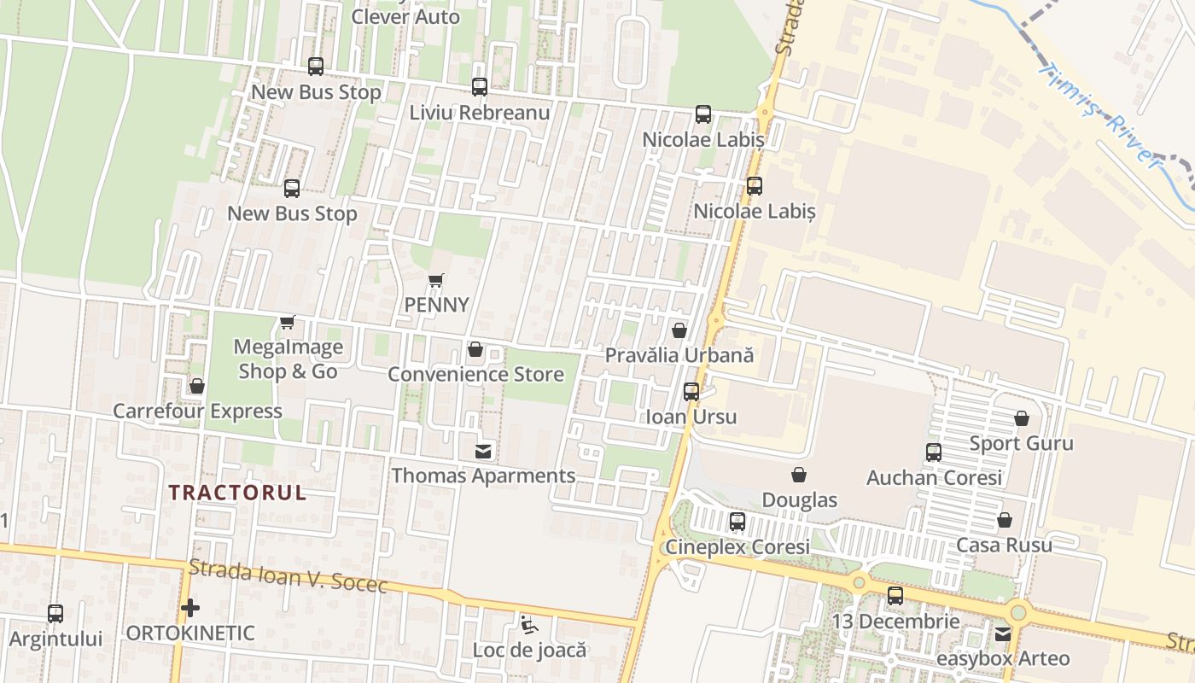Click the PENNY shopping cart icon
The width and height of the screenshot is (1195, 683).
[x=436, y=280]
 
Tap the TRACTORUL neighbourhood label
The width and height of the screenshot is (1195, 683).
[x=237, y=493]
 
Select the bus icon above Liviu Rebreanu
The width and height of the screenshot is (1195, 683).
[x=480, y=87]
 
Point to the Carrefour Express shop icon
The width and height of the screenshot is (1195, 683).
[x=197, y=386]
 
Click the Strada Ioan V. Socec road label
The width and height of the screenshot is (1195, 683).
[x=289, y=576]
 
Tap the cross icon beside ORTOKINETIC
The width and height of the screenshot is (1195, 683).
[x=190, y=608]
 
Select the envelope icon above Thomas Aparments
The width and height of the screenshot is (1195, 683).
[x=483, y=451]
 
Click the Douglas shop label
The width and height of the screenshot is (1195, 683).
[x=799, y=499]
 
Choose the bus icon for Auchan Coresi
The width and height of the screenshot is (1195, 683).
[x=934, y=452]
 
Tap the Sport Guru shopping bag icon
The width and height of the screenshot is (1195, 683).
[x=1022, y=418]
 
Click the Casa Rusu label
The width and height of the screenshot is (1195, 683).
[x=1004, y=545]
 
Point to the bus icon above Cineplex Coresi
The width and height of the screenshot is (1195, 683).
[x=737, y=521]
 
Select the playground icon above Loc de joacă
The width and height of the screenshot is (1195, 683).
[x=530, y=625]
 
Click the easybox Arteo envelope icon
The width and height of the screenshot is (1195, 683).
[x=1003, y=633]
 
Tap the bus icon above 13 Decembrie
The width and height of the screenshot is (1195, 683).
[x=895, y=596]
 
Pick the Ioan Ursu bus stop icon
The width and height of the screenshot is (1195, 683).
[x=691, y=392]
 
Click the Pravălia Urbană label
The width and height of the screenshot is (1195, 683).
[x=679, y=355]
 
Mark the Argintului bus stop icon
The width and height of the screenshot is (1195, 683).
[x=55, y=613]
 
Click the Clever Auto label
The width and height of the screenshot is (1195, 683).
[x=405, y=16]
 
